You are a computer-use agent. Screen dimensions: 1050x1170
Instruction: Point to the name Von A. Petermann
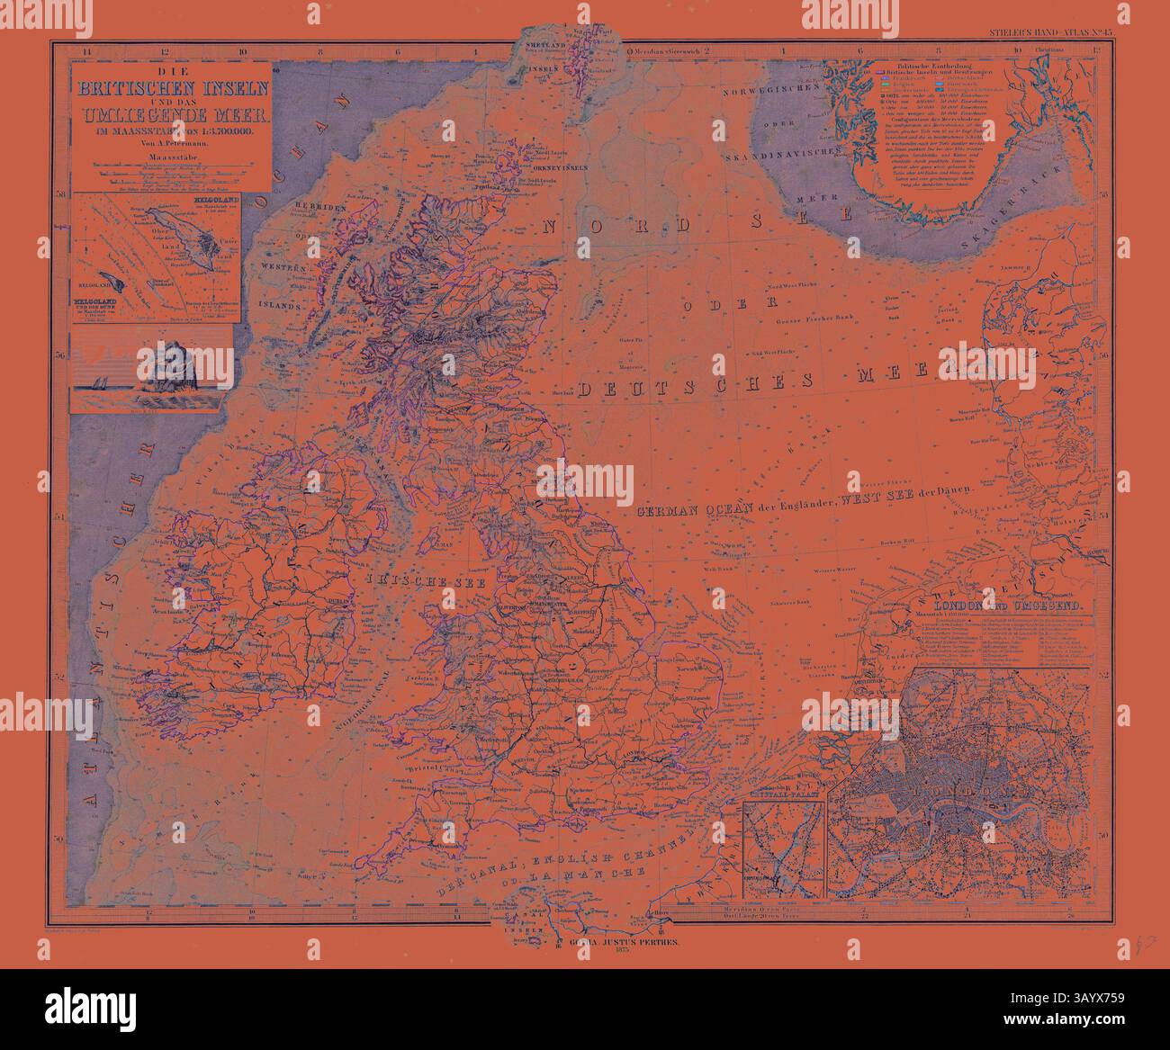(170, 144)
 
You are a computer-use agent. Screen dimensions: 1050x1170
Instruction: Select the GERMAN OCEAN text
(688, 511)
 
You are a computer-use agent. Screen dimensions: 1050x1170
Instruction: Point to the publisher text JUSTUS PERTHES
(643, 939)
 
